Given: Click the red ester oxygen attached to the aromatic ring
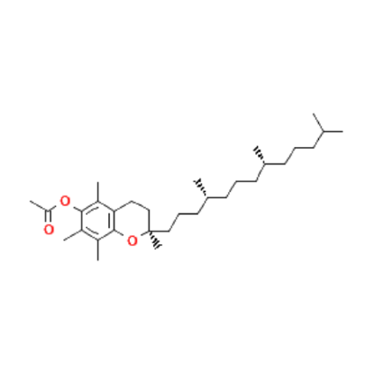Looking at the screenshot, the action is pos(65,201).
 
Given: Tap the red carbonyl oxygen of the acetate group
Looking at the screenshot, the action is pos(49,230).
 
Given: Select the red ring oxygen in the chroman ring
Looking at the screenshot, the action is pos(132,241).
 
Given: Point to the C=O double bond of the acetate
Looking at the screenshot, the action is pos(49,217).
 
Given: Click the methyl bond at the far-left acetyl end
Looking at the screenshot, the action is pos(39,205).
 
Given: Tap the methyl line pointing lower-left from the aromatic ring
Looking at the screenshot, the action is pos(72,235).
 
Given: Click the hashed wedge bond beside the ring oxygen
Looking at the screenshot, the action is pos(154,240).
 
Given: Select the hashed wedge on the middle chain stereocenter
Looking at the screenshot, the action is pos(200,188).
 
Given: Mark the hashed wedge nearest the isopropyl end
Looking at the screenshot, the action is pos(260,155).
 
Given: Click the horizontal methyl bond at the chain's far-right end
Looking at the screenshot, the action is pos(333,132).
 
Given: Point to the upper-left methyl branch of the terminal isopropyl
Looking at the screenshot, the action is pos(318,123).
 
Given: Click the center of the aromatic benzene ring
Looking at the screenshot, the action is pos(98,221).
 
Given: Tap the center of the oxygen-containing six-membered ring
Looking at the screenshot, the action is pos(132,221).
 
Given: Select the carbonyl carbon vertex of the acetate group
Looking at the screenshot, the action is pos(49,211).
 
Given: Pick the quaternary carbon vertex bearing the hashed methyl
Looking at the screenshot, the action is pos(150,231).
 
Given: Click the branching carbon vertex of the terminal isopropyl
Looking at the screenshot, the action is pos(324,132).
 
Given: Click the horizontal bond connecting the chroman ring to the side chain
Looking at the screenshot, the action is pos(160,231).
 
